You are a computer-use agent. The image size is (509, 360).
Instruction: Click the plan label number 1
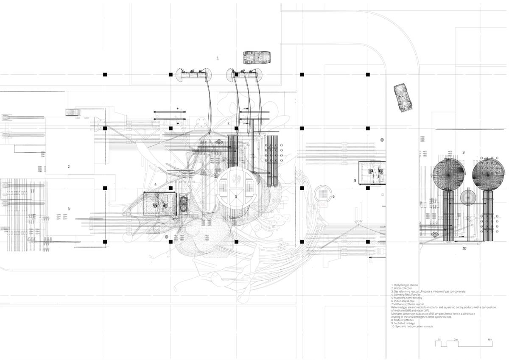[218, 58]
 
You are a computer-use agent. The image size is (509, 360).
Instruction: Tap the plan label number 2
[69, 167]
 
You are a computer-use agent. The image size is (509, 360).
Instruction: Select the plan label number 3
[69, 209]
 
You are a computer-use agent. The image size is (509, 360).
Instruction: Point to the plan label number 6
[333, 196]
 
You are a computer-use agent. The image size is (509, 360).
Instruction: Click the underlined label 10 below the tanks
[464, 248]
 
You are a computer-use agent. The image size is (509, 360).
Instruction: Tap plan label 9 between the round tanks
[464, 152]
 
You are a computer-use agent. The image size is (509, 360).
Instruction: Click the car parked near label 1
[257, 56]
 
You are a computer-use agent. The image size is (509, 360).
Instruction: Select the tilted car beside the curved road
[403, 97]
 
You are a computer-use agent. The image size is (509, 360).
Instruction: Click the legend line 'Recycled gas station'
[406, 285]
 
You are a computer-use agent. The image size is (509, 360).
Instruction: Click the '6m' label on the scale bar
[489, 340]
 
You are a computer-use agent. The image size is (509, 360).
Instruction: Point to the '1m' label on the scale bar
[439, 340]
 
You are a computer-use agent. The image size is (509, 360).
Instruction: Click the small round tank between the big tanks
[468, 198]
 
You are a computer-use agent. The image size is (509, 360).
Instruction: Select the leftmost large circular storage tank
[449, 174]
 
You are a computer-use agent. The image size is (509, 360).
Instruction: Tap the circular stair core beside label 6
[322, 196]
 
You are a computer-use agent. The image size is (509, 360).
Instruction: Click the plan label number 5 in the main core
[236, 196]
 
